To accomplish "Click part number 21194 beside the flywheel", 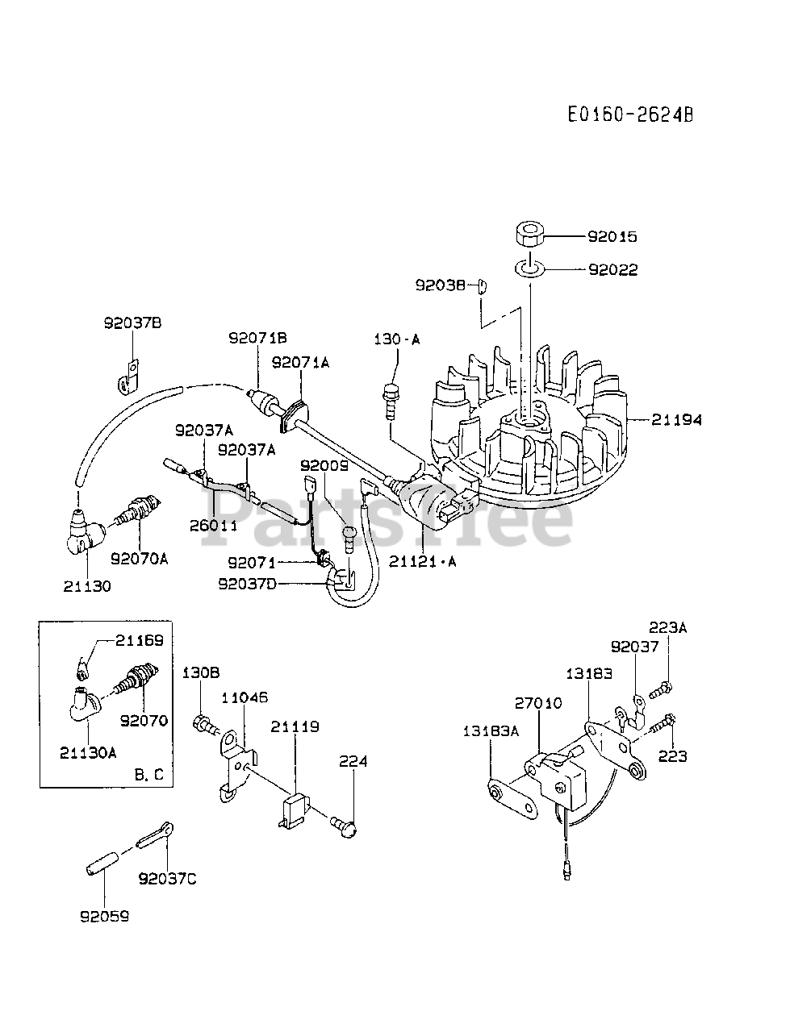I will (676, 419).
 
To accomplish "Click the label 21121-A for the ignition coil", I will (422, 562).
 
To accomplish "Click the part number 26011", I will (214, 524).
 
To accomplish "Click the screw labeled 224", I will (348, 823).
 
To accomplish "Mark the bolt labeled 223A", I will (659, 688).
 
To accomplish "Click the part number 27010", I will (538, 703).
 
